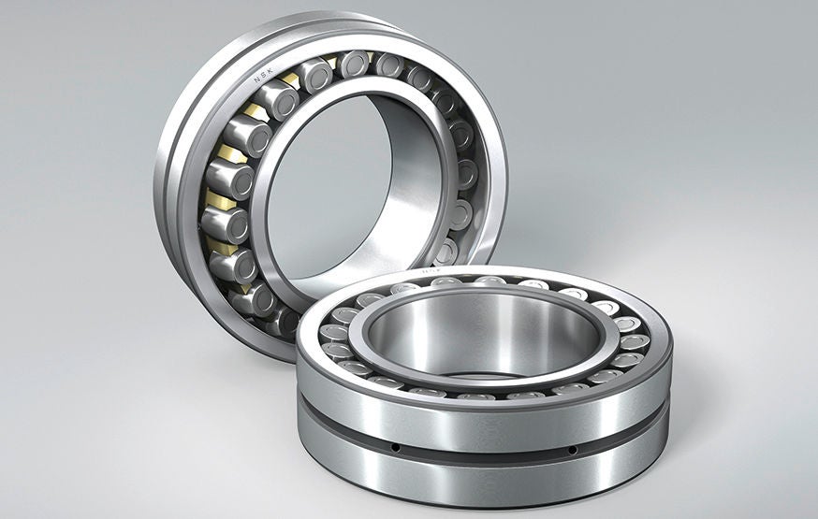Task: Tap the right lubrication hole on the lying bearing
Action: click(572, 450)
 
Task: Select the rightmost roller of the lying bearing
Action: click(635, 342)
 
